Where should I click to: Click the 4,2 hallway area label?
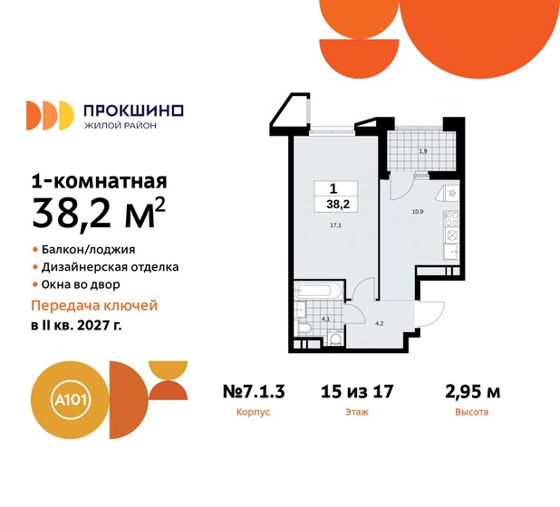click(x=381, y=323)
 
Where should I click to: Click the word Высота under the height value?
click(x=472, y=412)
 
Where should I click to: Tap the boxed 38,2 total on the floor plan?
click(x=333, y=197)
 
